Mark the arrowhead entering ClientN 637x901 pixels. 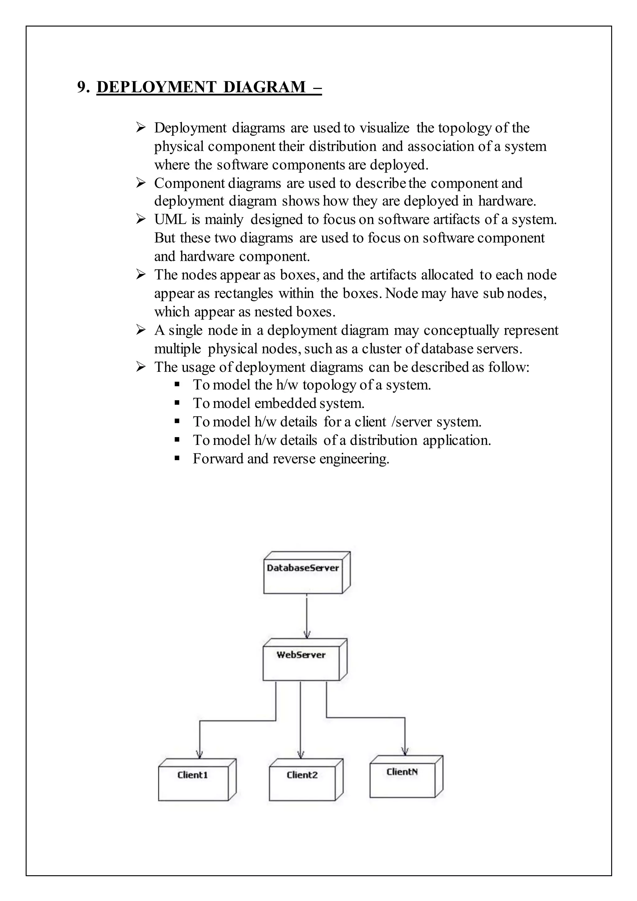[x=405, y=752]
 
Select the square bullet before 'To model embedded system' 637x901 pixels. [x=177, y=403]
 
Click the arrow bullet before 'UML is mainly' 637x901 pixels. [x=141, y=219]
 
